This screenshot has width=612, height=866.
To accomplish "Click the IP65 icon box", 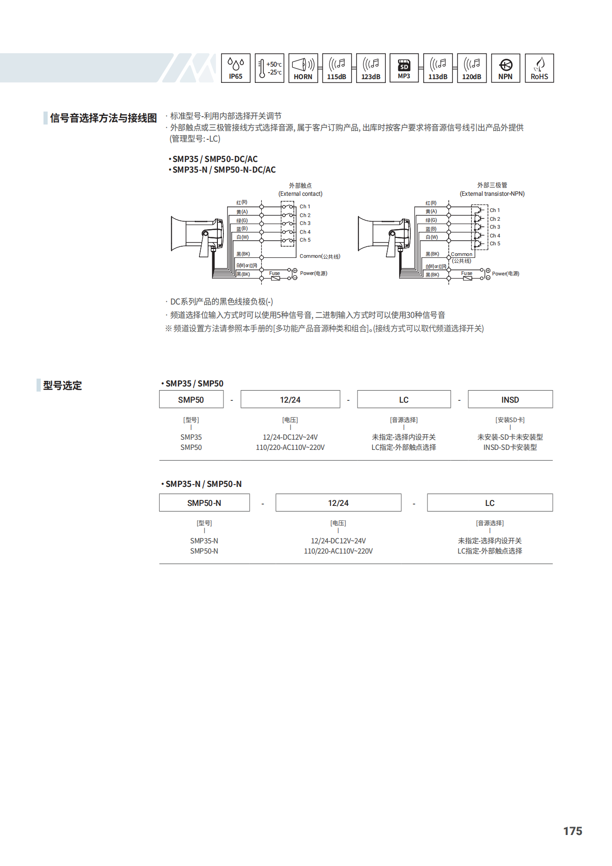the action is pos(235,68).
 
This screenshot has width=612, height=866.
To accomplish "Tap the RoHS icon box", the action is pos(539,68).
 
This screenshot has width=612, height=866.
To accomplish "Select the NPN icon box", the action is pos(505,68).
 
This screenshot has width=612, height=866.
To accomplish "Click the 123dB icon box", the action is pos(371,68).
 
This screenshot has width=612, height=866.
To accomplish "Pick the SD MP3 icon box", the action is pos(404,68).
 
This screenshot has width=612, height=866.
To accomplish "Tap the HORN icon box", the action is pos(303,68).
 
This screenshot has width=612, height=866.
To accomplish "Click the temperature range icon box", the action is pos(269,68).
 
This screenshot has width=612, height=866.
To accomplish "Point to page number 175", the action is pos(573,831).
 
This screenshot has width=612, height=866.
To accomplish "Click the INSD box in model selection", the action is pos(510,399).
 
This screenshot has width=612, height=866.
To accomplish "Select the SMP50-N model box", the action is pos(204,503).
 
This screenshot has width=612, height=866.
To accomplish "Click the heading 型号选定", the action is pos(62,386).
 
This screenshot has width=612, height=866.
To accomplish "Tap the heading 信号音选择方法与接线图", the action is pos(104,118).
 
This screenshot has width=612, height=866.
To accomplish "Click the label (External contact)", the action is pos(301,194).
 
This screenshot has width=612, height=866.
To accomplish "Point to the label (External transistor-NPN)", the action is pos(492,194).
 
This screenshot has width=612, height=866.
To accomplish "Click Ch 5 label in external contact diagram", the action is pos(305,240).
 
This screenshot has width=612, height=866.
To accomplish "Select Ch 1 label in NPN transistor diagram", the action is pos(495,210).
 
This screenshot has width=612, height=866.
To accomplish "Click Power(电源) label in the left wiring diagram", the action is pos(314,274).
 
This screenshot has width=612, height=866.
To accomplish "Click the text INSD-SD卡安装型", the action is pos(510,448).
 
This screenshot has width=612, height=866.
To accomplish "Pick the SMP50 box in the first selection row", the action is pos(191,399).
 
